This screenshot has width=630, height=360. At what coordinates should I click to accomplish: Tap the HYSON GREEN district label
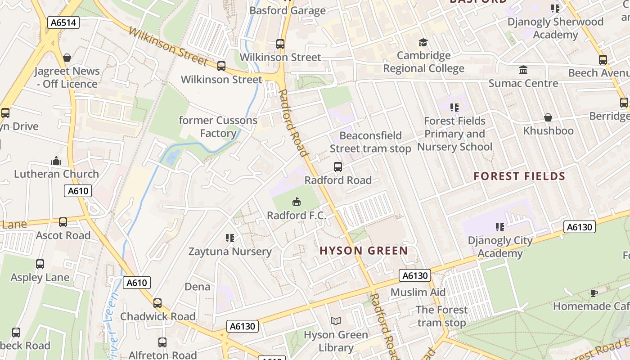click(x=364, y=251)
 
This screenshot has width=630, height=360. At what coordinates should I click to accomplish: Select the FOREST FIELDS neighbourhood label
click(x=519, y=176)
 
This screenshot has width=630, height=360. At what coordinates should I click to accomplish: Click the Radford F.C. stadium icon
click(x=297, y=202)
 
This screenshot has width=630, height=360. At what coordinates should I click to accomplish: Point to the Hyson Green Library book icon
click(x=336, y=321)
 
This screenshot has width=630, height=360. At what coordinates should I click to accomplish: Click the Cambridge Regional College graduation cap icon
click(x=423, y=43)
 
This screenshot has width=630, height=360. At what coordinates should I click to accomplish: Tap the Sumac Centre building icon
click(x=523, y=70)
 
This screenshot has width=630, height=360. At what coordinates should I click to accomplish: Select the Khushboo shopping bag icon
click(x=548, y=117)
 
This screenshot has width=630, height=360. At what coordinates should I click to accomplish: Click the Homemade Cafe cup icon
click(x=594, y=293)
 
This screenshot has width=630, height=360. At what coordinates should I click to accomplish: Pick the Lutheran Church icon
click(x=56, y=161)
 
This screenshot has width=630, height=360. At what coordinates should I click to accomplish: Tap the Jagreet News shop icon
click(x=67, y=58)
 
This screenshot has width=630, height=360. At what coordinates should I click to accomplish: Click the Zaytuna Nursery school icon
click(x=230, y=238)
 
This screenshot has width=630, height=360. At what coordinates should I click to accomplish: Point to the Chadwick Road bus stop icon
click(x=157, y=303)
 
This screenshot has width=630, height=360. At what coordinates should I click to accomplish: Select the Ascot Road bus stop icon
click(x=63, y=222)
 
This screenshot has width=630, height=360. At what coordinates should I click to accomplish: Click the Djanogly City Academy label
click(x=500, y=247)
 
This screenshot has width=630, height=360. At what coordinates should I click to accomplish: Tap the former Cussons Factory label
click(x=218, y=127)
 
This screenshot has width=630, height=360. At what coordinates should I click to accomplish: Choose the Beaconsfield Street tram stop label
click(x=370, y=142)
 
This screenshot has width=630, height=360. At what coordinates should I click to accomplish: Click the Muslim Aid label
click(x=418, y=292)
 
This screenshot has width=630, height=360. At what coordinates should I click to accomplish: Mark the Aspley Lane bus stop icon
click(x=40, y=264)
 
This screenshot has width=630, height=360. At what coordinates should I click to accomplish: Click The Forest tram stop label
click(x=441, y=316)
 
